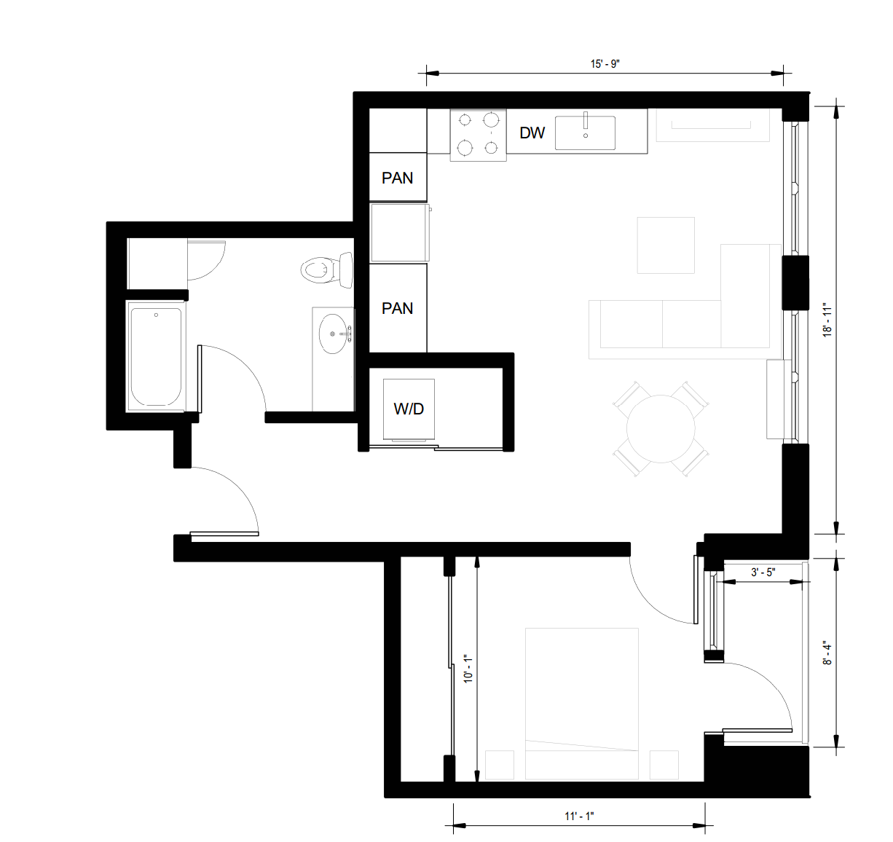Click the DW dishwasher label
532,133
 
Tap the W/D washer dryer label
409,409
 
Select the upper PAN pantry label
397,178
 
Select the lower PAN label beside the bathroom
397,309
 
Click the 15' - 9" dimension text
605,64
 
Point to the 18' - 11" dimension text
827,320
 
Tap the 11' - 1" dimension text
579,816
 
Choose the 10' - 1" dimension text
468,668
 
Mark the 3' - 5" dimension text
763,573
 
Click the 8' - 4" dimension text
827,653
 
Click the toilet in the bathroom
326,270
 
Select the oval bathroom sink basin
334,334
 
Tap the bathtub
155,356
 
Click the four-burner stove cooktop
478,135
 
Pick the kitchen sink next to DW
585,133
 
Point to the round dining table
661,429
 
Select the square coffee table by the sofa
666,245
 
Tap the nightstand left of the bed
500,765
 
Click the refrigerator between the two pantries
399,232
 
